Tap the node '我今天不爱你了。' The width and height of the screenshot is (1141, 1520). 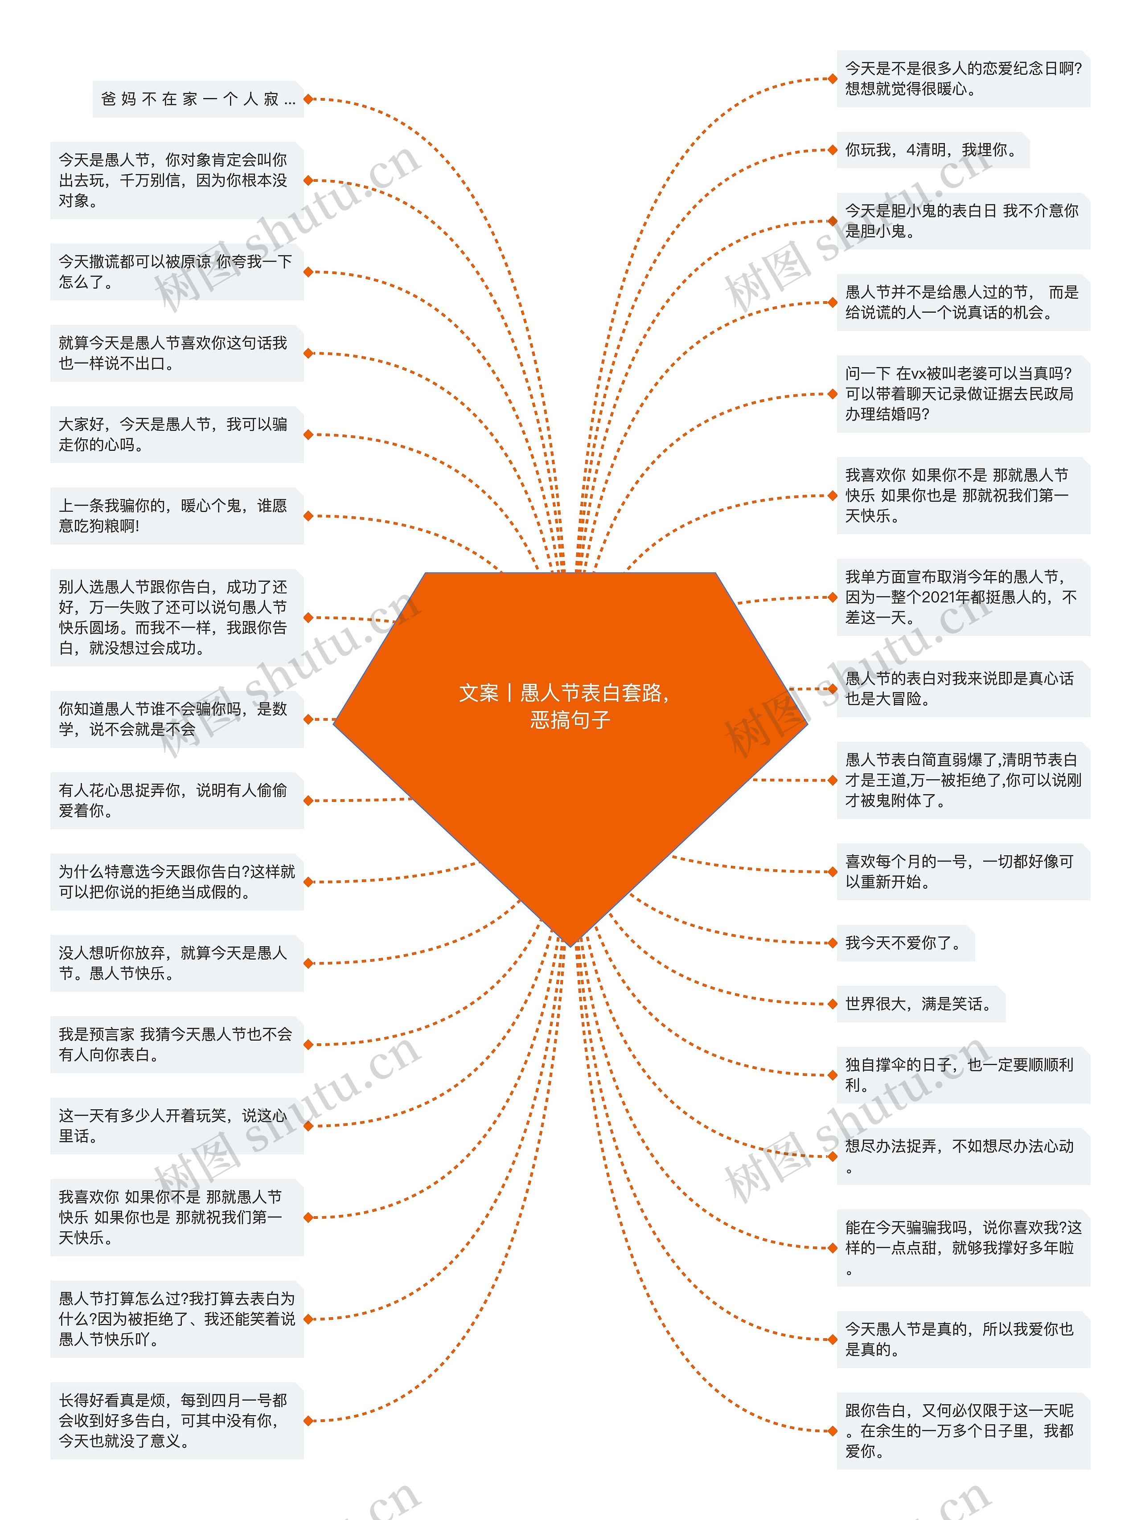[904, 943]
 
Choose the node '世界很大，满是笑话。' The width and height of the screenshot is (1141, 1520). [919, 1004]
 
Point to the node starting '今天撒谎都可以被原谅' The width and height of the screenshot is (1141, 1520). [176, 271]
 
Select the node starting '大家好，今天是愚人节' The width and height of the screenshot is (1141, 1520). [176, 434]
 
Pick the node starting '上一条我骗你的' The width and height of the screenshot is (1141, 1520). [176, 515]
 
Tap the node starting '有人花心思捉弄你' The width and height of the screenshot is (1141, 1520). [176, 801]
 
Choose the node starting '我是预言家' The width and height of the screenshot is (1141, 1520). [176, 1045]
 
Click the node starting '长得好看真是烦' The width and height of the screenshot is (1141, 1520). [176, 1420]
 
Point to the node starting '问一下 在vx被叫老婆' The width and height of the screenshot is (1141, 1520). [962, 394]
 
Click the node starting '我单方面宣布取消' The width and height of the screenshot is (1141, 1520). [962, 597]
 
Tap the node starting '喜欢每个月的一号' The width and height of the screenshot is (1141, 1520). [962, 871]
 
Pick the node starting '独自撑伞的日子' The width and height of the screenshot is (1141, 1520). [962, 1075]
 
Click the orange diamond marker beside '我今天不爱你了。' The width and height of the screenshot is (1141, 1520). [833, 943]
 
